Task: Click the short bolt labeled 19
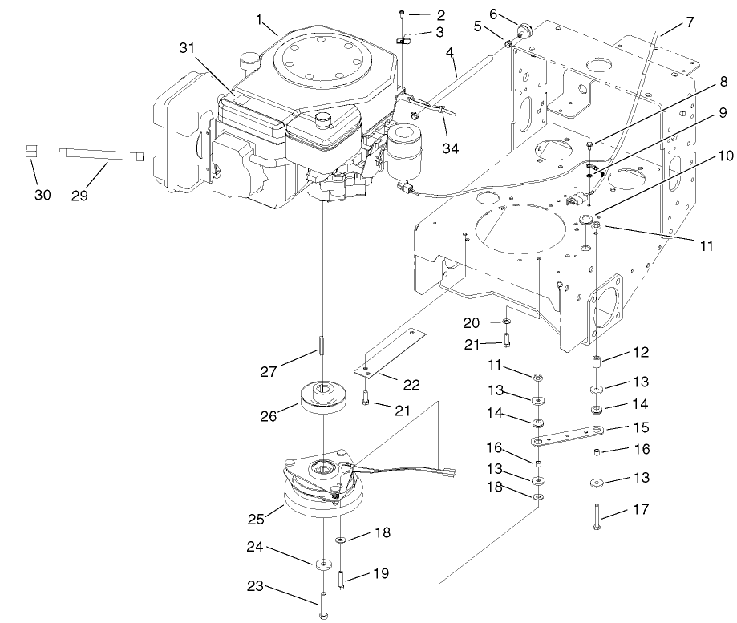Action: click(x=342, y=578)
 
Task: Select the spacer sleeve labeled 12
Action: click(x=597, y=362)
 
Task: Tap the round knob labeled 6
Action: click(x=525, y=30)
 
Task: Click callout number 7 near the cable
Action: click(x=690, y=23)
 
